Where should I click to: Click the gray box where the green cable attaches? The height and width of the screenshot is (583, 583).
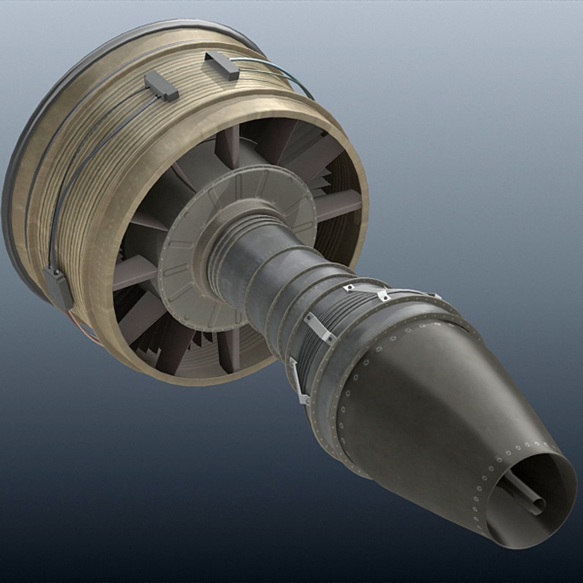[222, 65]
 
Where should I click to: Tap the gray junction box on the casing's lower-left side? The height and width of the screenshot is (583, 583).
[58, 288]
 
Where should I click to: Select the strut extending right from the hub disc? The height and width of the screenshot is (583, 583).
[337, 205]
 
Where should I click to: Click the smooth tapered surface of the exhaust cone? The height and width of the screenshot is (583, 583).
[432, 410]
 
